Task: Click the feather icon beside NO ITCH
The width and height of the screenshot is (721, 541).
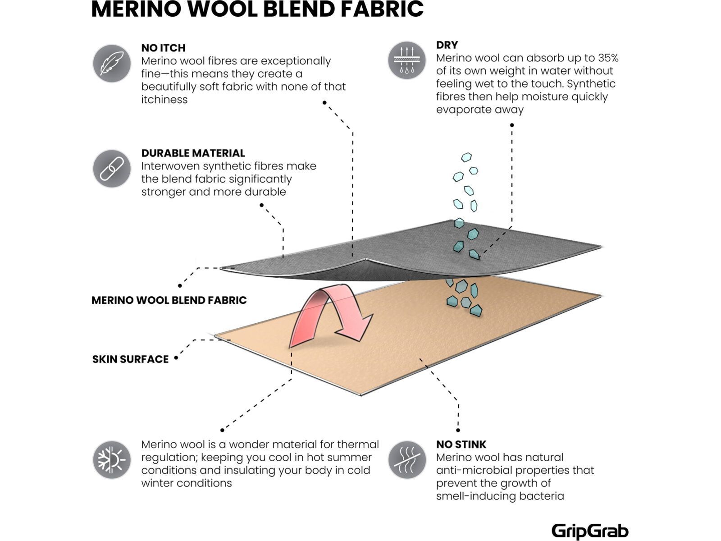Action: point(112,64)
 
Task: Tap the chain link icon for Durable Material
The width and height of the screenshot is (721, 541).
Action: point(112,169)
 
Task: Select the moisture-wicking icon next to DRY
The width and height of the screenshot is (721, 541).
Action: point(407,60)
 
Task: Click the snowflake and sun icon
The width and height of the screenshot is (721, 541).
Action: point(112,460)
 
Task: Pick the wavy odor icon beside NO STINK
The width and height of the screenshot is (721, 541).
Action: point(407,460)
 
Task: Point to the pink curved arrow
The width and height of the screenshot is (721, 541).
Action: point(329,316)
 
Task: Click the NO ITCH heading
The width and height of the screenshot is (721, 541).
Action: point(163,48)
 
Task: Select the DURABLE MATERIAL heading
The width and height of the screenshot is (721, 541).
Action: point(193,153)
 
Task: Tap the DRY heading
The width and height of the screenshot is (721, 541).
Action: point(447,45)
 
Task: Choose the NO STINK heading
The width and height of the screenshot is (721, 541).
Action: point(461,445)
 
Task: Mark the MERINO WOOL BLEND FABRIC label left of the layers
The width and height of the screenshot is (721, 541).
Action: point(169,300)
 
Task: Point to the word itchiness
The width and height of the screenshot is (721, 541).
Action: point(164,100)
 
